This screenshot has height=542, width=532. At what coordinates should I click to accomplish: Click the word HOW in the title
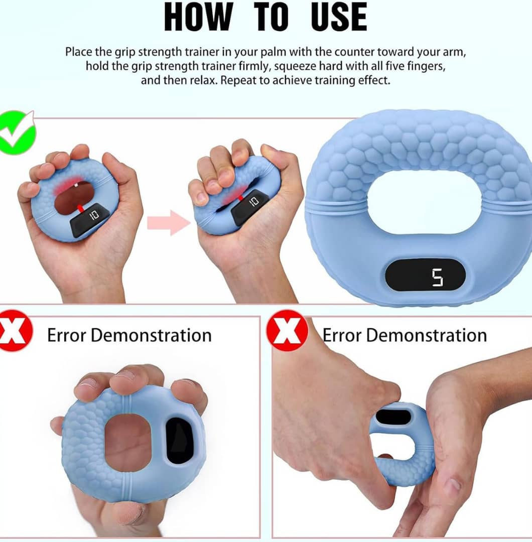[x=198, y=17]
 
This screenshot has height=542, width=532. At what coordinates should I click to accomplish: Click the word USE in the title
[x=339, y=17]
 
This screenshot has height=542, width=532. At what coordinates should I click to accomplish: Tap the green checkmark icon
[x=17, y=132]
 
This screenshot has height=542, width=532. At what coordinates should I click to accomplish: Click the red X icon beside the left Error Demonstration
[x=15, y=333]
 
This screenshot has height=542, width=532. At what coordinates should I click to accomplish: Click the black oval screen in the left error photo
[x=179, y=440]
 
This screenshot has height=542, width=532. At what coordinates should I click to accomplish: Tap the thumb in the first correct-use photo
[x=119, y=168]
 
